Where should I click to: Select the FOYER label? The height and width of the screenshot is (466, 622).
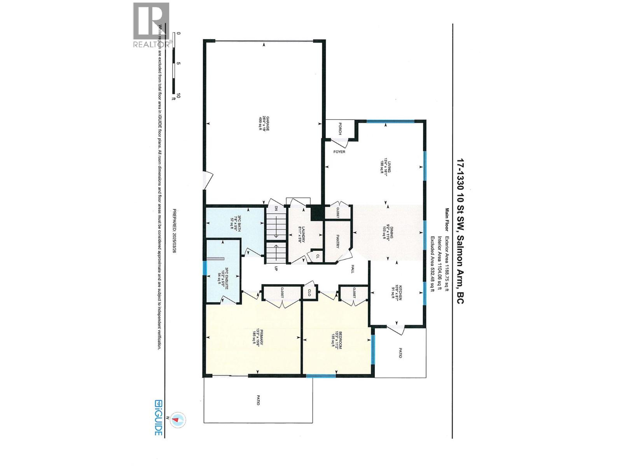(339, 152)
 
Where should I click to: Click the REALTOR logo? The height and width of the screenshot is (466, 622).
(152, 25)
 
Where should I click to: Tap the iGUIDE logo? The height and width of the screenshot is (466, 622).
(158, 417)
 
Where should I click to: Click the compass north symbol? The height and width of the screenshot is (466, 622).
(177, 420)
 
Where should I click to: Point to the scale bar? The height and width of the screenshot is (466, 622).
(174, 64)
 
